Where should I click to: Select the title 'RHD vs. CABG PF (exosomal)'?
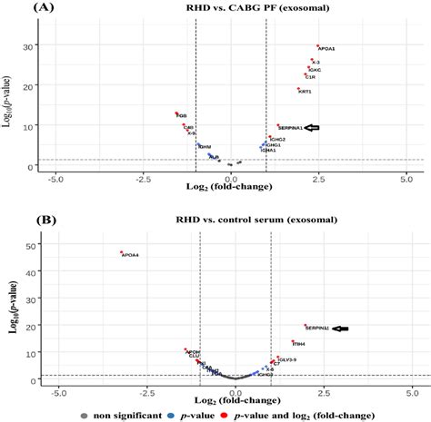click(233, 9)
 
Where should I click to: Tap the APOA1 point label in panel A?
click(326, 48)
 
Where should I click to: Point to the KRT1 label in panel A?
click(306, 92)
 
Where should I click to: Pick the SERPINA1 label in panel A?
click(291, 128)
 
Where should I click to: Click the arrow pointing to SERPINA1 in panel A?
click(314, 128)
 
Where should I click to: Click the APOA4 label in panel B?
click(130, 255)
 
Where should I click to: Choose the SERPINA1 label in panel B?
click(317, 328)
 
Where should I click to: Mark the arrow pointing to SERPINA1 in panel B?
click(342, 329)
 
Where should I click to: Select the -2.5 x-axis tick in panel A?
click(143, 181)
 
